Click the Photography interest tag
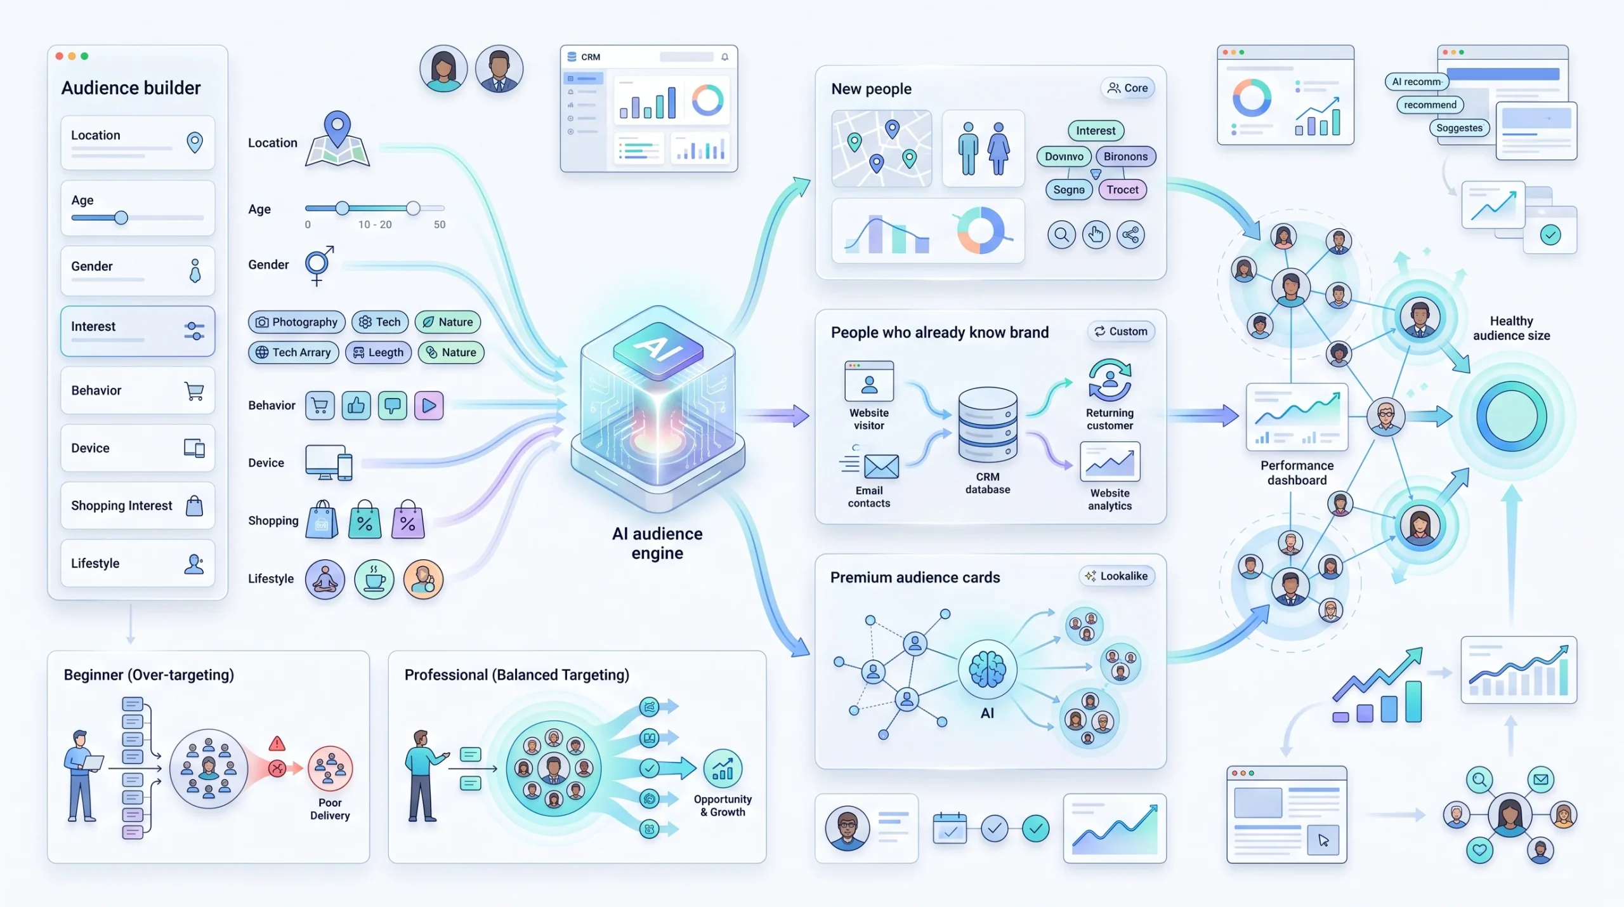point(296,322)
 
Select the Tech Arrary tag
point(294,352)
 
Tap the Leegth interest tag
point(378,352)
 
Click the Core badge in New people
point(1127,88)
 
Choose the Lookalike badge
point(1116,576)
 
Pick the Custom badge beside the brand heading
point(1121,331)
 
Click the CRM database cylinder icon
point(988,425)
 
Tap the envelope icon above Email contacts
point(881,467)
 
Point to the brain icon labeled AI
point(987,670)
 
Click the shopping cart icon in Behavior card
point(194,391)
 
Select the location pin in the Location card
point(195,142)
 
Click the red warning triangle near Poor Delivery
point(277,743)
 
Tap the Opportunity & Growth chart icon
point(723,769)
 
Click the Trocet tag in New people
point(1122,189)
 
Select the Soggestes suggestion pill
point(1459,128)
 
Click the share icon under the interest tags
point(1130,235)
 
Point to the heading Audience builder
point(131,88)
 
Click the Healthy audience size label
point(1511,328)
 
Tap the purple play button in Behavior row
point(429,406)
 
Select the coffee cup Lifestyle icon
point(374,579)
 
